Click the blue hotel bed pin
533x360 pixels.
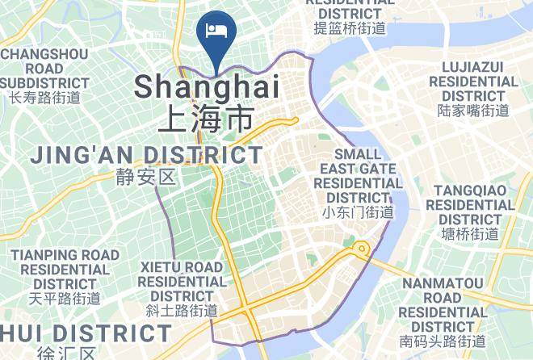(216, 31)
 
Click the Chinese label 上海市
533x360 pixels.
(206, 119)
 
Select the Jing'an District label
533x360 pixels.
(146, 154)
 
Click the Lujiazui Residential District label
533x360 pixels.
(473, 82)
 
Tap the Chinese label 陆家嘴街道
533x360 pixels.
(473, 111)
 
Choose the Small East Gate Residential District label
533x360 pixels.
(358, 175)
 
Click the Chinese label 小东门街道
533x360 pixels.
(358, 212)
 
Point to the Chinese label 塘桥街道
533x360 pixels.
(471, 234)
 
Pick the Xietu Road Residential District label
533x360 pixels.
(182, 281)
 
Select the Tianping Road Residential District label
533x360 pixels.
(65, 269)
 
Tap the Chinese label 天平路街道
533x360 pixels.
(65, 298)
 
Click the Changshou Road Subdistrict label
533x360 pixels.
(45, 69)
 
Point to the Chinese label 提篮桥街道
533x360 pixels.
(350, 28)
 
